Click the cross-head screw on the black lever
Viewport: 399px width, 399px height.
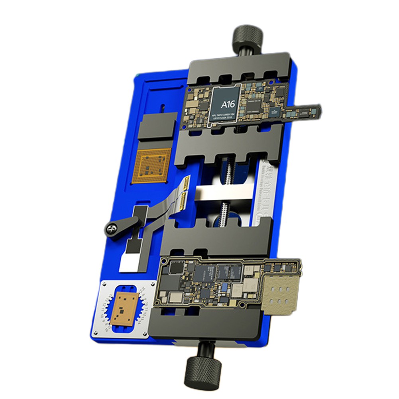point(111,228)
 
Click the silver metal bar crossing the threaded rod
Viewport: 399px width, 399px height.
point(223,196)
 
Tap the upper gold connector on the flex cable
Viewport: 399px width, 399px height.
point(187,184)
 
